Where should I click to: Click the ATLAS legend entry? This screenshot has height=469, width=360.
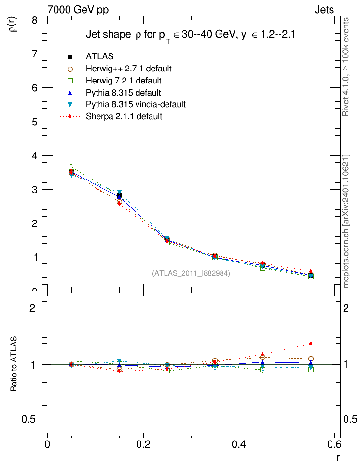99,57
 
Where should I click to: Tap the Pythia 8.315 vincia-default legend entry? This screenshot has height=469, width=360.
136,104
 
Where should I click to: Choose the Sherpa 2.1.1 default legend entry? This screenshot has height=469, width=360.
124,116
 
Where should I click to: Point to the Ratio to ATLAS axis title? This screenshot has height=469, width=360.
14,364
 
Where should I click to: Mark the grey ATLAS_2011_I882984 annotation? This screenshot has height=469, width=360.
191,273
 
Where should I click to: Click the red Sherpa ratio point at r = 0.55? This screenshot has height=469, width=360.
311,344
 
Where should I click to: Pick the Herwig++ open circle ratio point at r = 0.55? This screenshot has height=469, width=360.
311,359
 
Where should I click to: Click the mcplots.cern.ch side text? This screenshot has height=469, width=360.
346,222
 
